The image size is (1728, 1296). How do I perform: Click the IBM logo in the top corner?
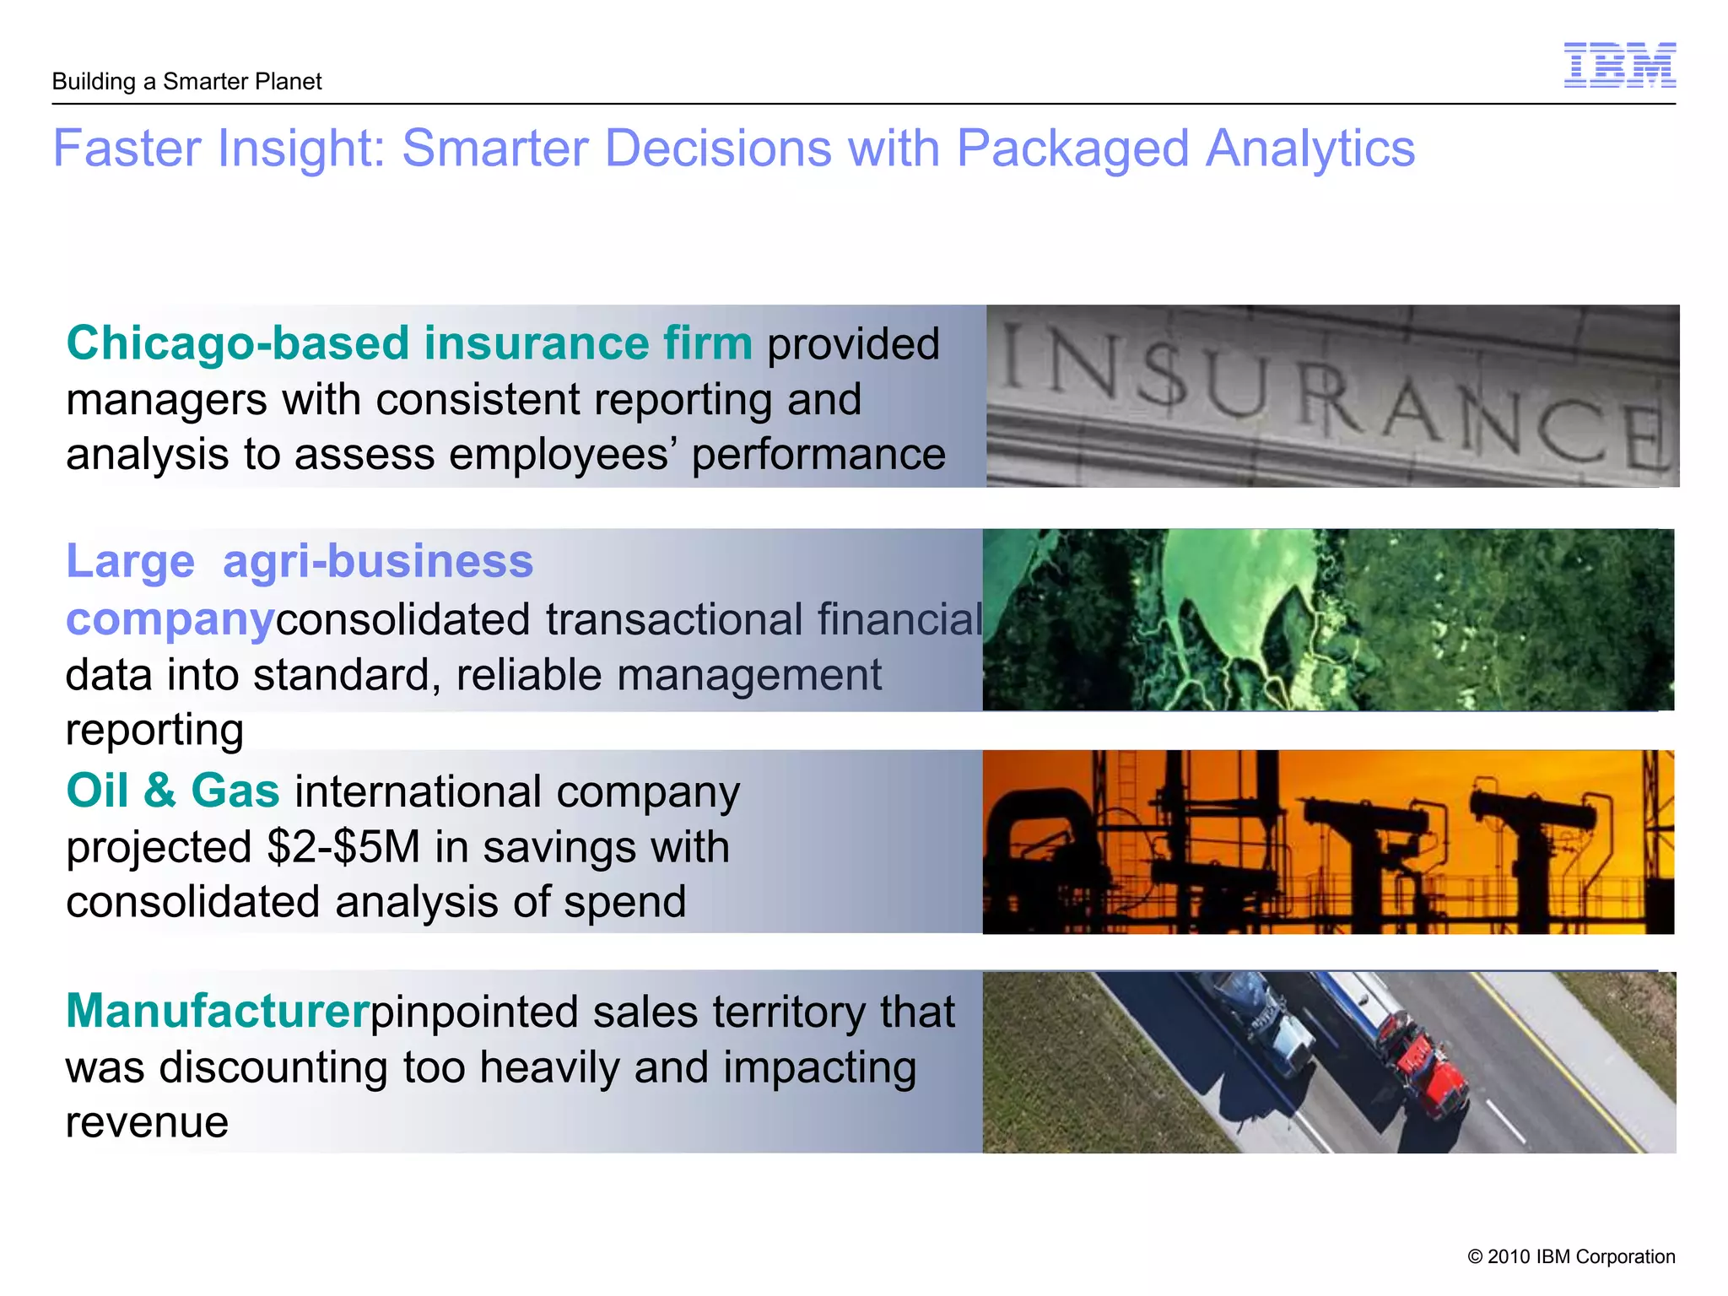1619,65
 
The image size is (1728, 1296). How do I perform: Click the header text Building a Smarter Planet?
186,82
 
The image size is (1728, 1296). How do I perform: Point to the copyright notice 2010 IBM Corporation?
1571,1256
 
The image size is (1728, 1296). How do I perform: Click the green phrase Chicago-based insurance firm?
409,343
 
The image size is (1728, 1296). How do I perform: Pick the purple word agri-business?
378,561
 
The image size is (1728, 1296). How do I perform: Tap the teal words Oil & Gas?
173,791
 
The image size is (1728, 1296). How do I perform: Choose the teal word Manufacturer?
218,1011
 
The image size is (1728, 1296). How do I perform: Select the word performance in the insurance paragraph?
818,455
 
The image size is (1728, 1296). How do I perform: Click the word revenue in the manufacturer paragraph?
147,1122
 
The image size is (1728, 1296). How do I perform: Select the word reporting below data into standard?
154,730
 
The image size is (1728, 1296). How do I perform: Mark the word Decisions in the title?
719,149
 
